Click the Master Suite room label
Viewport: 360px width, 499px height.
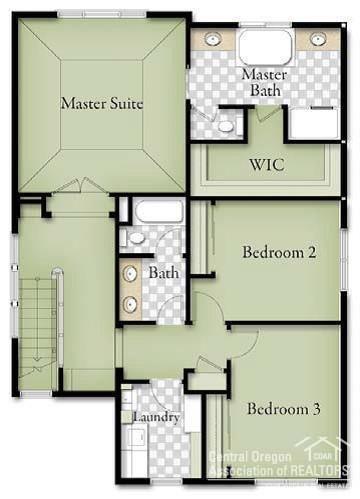point(101,103)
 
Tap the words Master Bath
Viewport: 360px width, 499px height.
point(264,82)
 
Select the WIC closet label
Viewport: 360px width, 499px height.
point(265,165)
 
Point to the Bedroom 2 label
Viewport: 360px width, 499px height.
point(279,252)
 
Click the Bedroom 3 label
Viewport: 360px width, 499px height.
point(283,409)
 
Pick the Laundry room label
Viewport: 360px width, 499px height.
point(156,416)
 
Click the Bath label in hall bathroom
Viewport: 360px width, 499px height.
point(163,272)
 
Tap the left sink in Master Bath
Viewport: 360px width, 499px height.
point(213,40)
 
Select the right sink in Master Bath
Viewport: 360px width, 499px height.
point(317,40)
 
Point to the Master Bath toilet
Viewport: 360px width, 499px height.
point(226,126)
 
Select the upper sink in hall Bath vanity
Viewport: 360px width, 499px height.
point(131,272)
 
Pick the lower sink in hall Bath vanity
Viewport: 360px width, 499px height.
point(131,303)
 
